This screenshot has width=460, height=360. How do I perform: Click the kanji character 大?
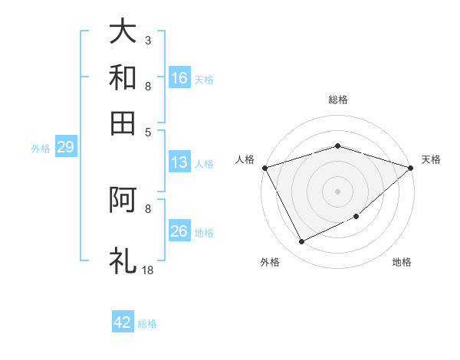pyautogui.click(x=123, y=31)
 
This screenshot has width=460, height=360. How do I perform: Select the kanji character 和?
pyautogui.click(x=123, y=77)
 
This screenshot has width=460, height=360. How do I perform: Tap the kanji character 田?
pyautogui.click(x=123, y=123)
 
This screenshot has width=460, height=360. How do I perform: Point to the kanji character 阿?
pyautogui.click(x=123, y=200)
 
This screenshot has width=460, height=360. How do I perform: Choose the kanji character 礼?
pyautogui.click(x=123, y=260)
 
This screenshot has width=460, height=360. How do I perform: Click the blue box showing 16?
pyautogui.click(x=179, y=78)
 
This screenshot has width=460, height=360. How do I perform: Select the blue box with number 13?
pyautogui.click(x=179, y=162)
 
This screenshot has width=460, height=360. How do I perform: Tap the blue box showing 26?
pyautogui.click(x=179, y=231)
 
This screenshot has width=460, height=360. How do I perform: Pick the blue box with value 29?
pyautogui.click(x=65, y=148)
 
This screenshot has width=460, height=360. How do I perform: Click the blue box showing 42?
pyautogui.click(x=123, y=322)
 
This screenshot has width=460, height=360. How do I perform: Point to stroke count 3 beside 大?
pyautogui.click(x=147, y=39)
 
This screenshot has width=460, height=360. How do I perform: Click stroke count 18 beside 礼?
pyautogui.click(x=147, y=270)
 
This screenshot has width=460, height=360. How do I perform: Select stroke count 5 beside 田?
pyautogui.click(x=147, y=131)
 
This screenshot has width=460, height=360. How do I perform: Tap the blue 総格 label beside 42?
pyautogui.click(x=147, y=324)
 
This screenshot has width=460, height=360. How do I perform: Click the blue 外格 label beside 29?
pyautogui.click(x=41, y=149)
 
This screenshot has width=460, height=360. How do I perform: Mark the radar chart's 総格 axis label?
pyautogui.click(x=337, y=100)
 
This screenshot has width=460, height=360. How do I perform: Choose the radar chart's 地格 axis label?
pyautogui.click(x=402, y=263)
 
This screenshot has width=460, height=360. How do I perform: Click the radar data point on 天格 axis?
pyautogui.click(x=411, y=167)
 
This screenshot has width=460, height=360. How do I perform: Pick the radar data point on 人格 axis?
pyautogui.click(x=264, y=167)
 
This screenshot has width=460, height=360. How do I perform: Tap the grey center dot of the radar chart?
pyautogui.click(x=337, y=191)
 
